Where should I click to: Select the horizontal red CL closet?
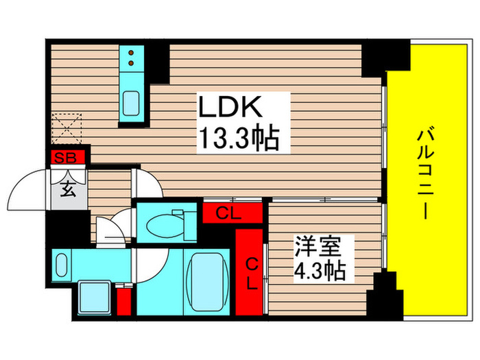click(x=232, y=213)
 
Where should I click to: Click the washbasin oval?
click(x=61, y=264)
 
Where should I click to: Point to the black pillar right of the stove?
click(x=158, y=62)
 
